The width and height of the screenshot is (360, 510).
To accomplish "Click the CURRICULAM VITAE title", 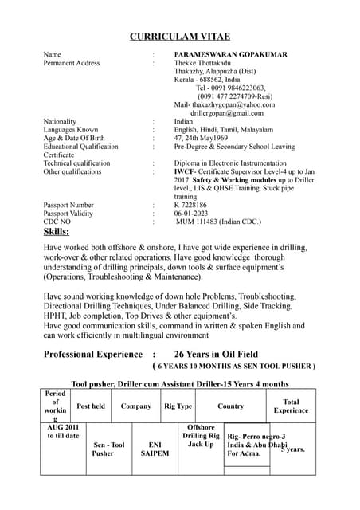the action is pyautogui.click(x=180, y=36).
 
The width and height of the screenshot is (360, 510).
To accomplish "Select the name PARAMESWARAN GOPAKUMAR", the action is pyautogui.click(x=231, y=54).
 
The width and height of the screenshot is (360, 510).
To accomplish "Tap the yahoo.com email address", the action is pyautogui.click(x=225, y=104).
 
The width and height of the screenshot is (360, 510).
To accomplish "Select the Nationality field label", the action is pyautogui.click(x=61, y=121).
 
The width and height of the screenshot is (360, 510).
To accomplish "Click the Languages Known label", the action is pyautogui.click(x=71, y=129).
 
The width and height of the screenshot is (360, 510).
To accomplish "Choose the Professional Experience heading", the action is pyautogui.click(x=92, y=354).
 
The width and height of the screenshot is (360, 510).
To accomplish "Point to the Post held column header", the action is pyautogui.click(x=91, y=406).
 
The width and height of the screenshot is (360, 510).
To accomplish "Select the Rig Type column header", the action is pyautogui.click(x=178, y=406).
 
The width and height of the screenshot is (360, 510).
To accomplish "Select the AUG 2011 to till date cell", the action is pyautogui.click(x=63, y=431).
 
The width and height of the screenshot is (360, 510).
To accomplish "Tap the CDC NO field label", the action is pyautogui.click(x=58, y=222).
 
